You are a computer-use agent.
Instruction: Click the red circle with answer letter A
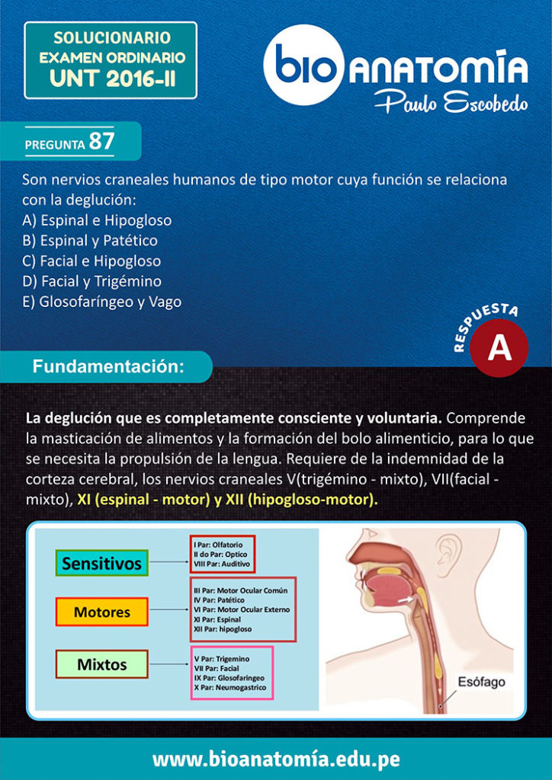499,347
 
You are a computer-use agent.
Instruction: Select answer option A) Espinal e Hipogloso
97,220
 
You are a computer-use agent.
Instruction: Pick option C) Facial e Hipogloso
91,261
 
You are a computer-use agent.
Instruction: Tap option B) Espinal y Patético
90,241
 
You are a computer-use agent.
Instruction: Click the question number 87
101,141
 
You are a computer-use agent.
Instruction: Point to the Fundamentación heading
108,366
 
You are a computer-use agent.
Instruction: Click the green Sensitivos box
101,564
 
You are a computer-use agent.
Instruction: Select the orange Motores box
101,612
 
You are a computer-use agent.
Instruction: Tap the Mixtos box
101,664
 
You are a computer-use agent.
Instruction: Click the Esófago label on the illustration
481,682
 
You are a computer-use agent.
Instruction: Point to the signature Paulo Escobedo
451,102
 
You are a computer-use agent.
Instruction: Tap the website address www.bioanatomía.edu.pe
276,759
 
